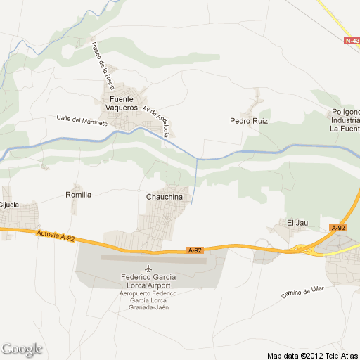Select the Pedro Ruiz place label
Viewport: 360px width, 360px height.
249,120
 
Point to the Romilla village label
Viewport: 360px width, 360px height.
78,195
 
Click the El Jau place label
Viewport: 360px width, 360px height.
297,223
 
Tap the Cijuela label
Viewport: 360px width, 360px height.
8,205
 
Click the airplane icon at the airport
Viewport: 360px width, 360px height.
148,269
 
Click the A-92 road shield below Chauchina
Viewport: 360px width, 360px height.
195,250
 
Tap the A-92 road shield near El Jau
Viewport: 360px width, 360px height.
338,228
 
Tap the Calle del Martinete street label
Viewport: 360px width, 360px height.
82,120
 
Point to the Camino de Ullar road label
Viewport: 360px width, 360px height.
302,291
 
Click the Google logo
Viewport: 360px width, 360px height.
22,349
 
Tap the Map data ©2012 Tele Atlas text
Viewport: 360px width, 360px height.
312,354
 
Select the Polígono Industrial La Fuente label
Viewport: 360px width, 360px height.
345,120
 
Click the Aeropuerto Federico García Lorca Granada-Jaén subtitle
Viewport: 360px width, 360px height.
148,301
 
